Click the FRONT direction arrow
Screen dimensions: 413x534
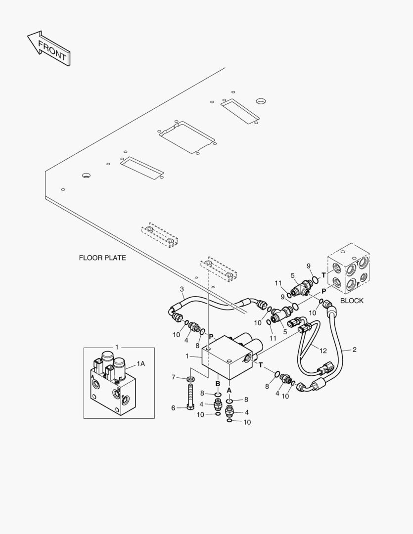[48, 48]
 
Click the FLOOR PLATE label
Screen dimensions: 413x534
[102, 258]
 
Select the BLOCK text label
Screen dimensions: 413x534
[352, 301]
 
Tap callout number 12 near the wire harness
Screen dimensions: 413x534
[323, 351]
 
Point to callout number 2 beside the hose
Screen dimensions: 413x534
[355, 350]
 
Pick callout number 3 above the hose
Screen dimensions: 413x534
[182, 289]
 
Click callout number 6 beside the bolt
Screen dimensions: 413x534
[173, 407]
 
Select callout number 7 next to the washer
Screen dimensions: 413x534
[174, 377]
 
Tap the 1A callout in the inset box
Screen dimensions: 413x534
[141, 364]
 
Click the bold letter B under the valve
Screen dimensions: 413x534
[218, 384]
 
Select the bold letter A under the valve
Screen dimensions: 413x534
[229, 390]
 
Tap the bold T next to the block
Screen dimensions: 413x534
[323, 275]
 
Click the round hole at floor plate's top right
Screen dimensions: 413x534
[261, 101]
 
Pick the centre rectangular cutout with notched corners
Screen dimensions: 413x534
[187, 137]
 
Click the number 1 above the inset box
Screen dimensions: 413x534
[117, 347]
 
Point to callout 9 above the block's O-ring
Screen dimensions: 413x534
[308, 266]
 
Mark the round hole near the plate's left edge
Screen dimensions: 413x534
[86, 176]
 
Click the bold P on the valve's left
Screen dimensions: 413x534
[211, 337]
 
